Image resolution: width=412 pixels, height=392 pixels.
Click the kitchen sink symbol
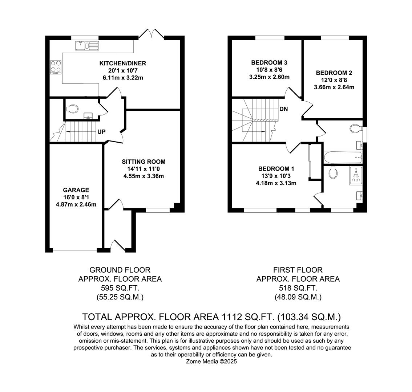[x=87, y=46]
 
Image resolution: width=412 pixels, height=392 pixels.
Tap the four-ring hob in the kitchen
[x=56, y=67]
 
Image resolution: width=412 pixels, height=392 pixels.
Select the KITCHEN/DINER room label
[x=123, y=63]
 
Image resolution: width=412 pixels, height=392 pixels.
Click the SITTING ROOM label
[x=144, y=162]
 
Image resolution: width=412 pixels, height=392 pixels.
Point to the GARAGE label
[x=76, y=190]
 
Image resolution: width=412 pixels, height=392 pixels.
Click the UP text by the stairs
[x=101, y=132]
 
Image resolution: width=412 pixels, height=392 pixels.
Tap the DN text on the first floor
[x=283, y=109]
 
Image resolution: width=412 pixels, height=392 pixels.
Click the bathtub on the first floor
[x=343, y=158]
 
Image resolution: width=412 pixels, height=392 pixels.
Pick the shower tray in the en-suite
[x=356, y=175]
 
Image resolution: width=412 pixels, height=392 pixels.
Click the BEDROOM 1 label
[x=276, y=169]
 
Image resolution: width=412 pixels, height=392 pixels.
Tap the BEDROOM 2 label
[x=334, y=73]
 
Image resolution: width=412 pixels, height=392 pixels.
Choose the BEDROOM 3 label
[x=269, y=62]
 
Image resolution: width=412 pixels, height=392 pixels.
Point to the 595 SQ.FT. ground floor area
[x=120, y=288]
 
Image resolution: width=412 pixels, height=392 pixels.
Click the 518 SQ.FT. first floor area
[x=298, y=288]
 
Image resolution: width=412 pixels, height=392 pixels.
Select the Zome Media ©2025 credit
[x=211, y=362]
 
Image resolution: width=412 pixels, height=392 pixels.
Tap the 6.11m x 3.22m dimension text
[x=123, y=78]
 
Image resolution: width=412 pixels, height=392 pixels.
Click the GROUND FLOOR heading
[x=120, y=270]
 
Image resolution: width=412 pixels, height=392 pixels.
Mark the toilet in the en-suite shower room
[x=333, y=172]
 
